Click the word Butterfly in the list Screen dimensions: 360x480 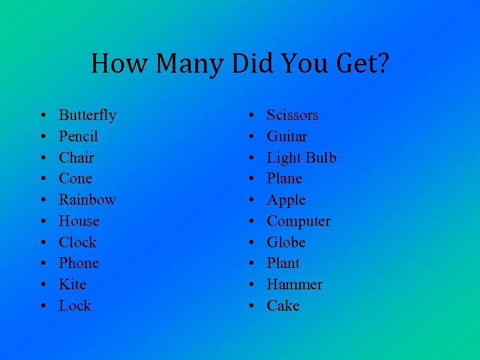(x=87, y=115)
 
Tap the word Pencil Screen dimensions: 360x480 (x=78, y=137)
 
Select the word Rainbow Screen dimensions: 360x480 (x=87, y=200)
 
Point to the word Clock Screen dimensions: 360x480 (x=77, y=242)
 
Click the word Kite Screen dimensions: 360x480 (x=72, y=285)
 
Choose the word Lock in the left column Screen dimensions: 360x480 (x=75, y=306)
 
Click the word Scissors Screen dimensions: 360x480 (x=292, y=115)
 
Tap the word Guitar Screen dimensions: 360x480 (x=287, y=137)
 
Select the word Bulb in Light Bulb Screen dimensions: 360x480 (x=321, y=158)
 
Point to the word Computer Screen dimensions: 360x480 (x=298, y=221)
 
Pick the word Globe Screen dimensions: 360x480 (x=286, y=242)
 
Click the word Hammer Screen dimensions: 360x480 (x=294, y=285)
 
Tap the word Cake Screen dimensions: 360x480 (x=283, y=306)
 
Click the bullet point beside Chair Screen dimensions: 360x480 (x=42, y=159)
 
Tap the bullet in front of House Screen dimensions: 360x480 (x=42, y=222)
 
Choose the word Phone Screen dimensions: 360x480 (x=79, y=263)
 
